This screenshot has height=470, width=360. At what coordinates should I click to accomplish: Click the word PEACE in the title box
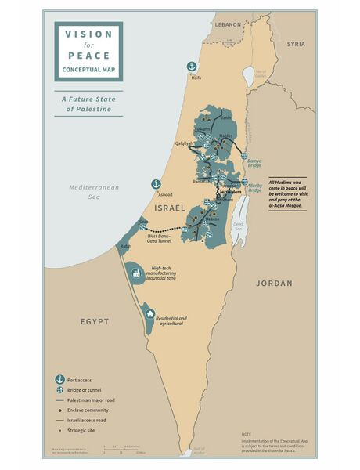(88, 56)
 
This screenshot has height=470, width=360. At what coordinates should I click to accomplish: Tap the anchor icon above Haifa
(190, 67)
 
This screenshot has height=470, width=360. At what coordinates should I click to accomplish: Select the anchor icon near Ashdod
(156, 184)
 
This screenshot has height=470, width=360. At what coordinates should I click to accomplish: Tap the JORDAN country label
(274, 283)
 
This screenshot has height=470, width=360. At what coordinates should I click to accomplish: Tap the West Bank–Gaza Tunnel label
(160, 238)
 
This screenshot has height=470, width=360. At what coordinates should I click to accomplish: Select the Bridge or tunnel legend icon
(59, 389)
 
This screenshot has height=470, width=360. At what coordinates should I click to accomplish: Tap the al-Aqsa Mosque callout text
(292, 192)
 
